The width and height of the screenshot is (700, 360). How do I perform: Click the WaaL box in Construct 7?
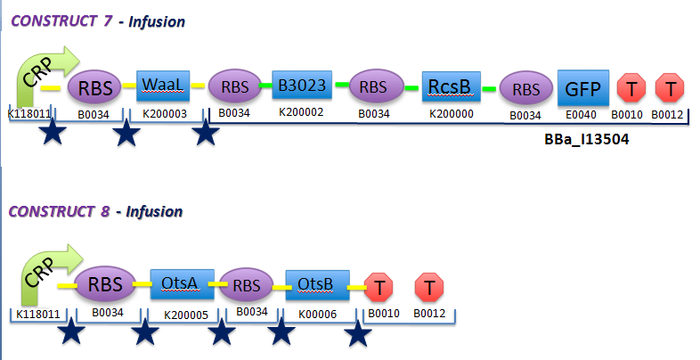162,86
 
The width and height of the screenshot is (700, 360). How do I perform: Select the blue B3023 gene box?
302,86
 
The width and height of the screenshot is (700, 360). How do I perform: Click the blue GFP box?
583,87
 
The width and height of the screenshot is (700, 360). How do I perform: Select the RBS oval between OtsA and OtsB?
246,285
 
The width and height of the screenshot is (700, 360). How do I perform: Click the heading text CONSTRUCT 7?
60,20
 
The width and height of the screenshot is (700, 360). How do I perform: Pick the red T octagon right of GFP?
631,87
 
